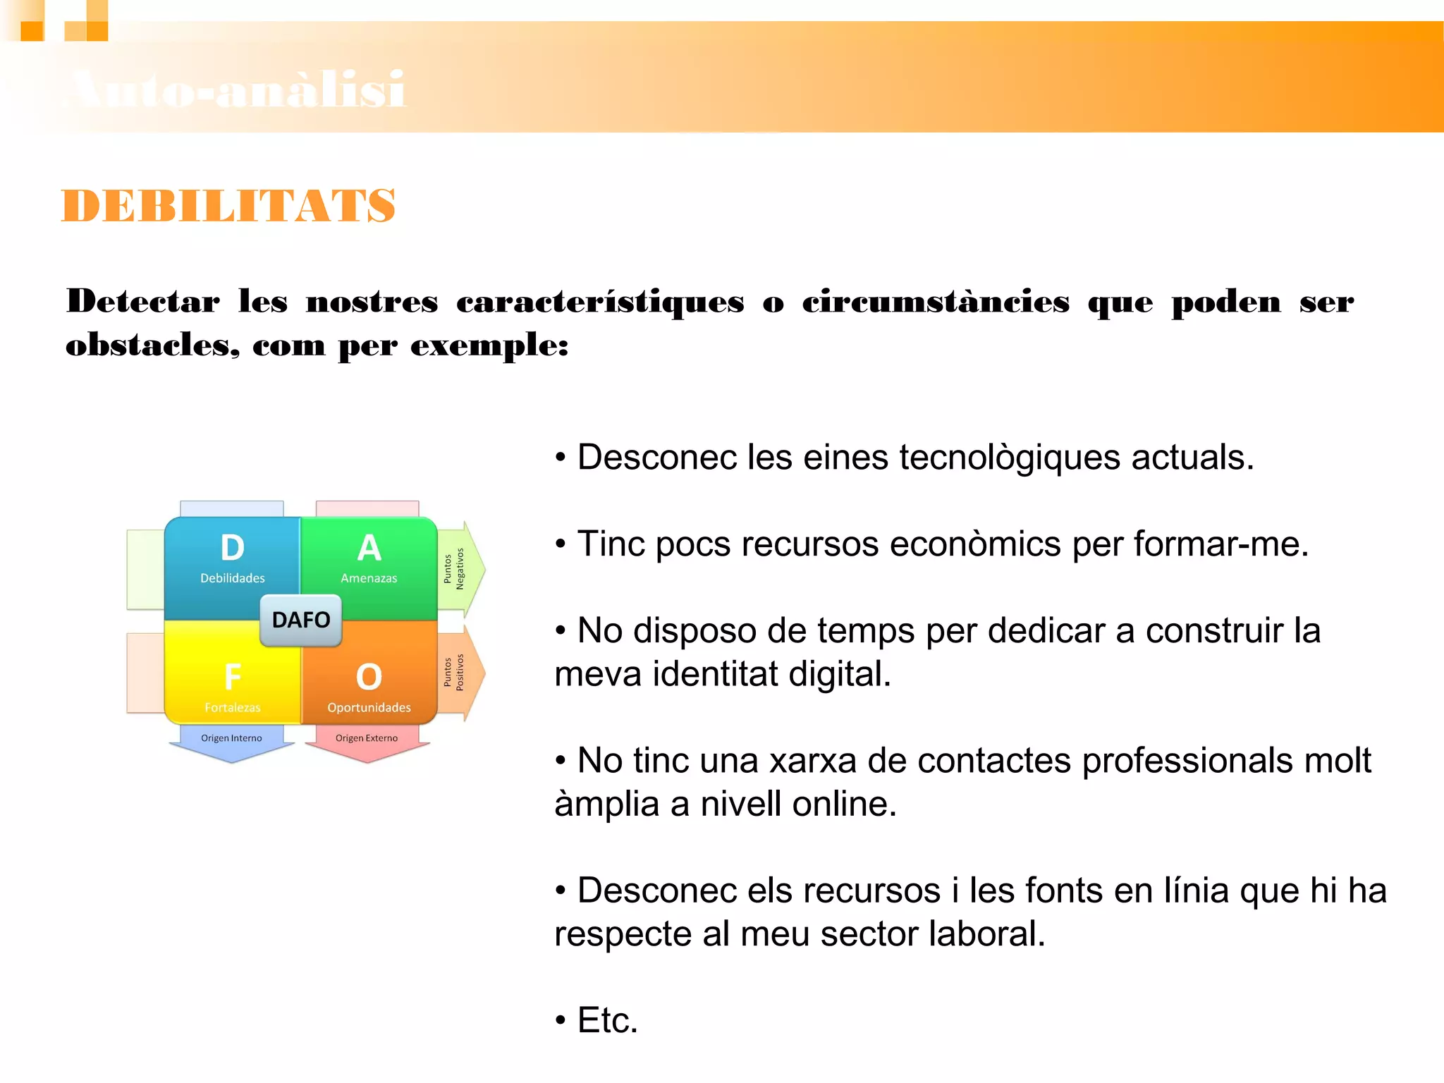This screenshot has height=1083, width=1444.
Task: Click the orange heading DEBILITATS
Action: (228, 206)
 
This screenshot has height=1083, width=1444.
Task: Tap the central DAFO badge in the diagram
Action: (301, 620)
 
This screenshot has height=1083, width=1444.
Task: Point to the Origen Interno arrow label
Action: (231, 738)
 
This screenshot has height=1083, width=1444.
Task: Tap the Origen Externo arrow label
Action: (367, 738)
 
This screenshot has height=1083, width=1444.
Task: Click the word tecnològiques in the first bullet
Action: (1010, 458)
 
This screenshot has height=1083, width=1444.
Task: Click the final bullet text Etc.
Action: (607, 1020)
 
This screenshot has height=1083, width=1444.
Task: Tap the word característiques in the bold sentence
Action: (600, 302)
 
